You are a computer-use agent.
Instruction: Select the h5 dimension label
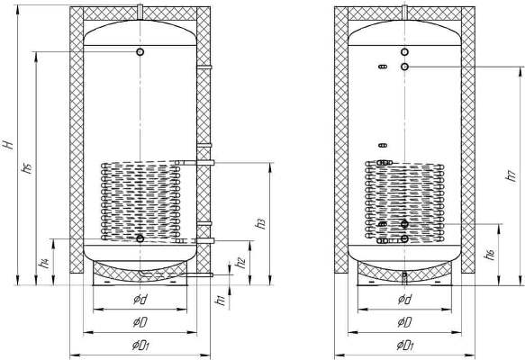[27, 167]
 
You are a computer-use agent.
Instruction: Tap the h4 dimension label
[44, 264]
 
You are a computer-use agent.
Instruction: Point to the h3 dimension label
[261, 223]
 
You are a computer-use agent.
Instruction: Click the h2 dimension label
[241, 263]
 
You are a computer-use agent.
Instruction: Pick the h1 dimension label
[221, 301]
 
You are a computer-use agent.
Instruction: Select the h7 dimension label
[511, 175]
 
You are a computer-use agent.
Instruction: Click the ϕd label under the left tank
[140, 299]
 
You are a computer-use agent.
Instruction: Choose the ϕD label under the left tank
[140, 322]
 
